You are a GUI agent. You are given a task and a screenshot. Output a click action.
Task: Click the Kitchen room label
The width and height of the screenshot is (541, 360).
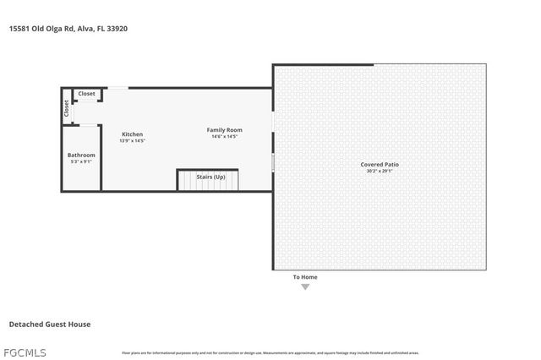click(132, 134)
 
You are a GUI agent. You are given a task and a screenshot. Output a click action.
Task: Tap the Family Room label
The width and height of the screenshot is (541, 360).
click(225, 129)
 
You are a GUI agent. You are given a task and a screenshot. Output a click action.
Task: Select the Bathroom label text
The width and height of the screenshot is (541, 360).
click(81, 155)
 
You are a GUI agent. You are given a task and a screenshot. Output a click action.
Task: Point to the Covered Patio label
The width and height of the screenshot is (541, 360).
click(379, 164)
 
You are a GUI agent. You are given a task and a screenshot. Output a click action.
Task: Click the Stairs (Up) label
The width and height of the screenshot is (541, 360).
click(210, 177)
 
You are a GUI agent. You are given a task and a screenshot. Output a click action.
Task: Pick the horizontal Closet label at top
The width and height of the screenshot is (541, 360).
click(86, 94)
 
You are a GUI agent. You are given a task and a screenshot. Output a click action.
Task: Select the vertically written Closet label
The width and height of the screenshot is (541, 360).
click(66, 108)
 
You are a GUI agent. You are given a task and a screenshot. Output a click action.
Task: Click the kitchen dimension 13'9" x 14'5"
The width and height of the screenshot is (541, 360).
click(132, 141)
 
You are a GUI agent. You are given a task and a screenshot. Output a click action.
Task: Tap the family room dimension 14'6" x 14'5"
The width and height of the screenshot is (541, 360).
click(225, 136)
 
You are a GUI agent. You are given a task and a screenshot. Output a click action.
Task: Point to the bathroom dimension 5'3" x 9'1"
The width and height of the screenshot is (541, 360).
click(81, 161)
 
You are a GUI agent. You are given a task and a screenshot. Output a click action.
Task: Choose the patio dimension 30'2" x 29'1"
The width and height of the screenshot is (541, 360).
click(379, 171)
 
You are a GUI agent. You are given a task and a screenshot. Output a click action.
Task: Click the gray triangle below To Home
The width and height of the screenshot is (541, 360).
click(305, 287)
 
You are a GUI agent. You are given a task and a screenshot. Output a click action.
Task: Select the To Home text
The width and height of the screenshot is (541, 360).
click(305, 277)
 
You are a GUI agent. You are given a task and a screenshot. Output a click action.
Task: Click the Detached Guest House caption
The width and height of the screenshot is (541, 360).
click(49, 324)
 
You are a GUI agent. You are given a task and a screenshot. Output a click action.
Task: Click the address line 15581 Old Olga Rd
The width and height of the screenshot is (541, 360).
click(68, 28)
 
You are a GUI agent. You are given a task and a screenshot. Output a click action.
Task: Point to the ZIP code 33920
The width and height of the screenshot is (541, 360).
click(117, 28)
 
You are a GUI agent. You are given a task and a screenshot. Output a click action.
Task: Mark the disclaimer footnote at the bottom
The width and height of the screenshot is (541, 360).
click(270, 353)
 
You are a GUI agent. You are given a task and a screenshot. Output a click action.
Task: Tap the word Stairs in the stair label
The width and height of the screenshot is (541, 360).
click(204, 177)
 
